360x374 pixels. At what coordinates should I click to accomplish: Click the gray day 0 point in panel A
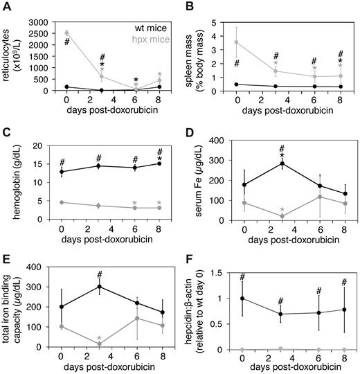[x=66, y=33]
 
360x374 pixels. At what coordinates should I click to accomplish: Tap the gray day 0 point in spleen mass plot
[x=241, y=42]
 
